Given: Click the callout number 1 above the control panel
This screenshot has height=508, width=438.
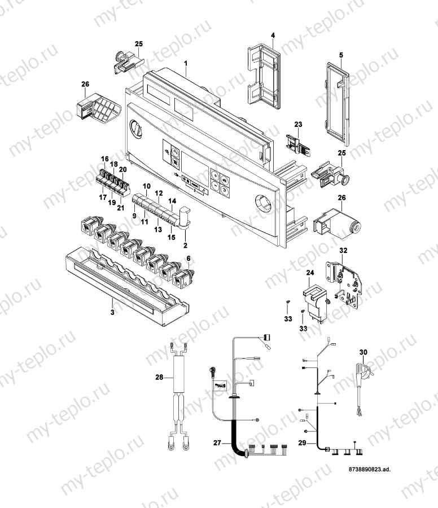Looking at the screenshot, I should [185, 65].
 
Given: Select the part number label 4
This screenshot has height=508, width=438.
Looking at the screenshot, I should [273, 36].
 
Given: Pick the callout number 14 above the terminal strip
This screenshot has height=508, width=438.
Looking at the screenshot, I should [172, 201].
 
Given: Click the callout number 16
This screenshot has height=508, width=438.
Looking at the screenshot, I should [104, 159].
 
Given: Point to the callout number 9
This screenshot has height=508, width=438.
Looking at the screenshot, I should [134, 215].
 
